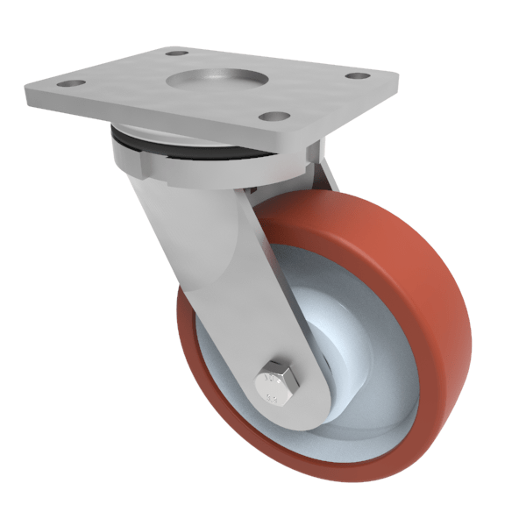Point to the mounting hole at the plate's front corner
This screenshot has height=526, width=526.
pyautogui.click(x=274, y=116)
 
